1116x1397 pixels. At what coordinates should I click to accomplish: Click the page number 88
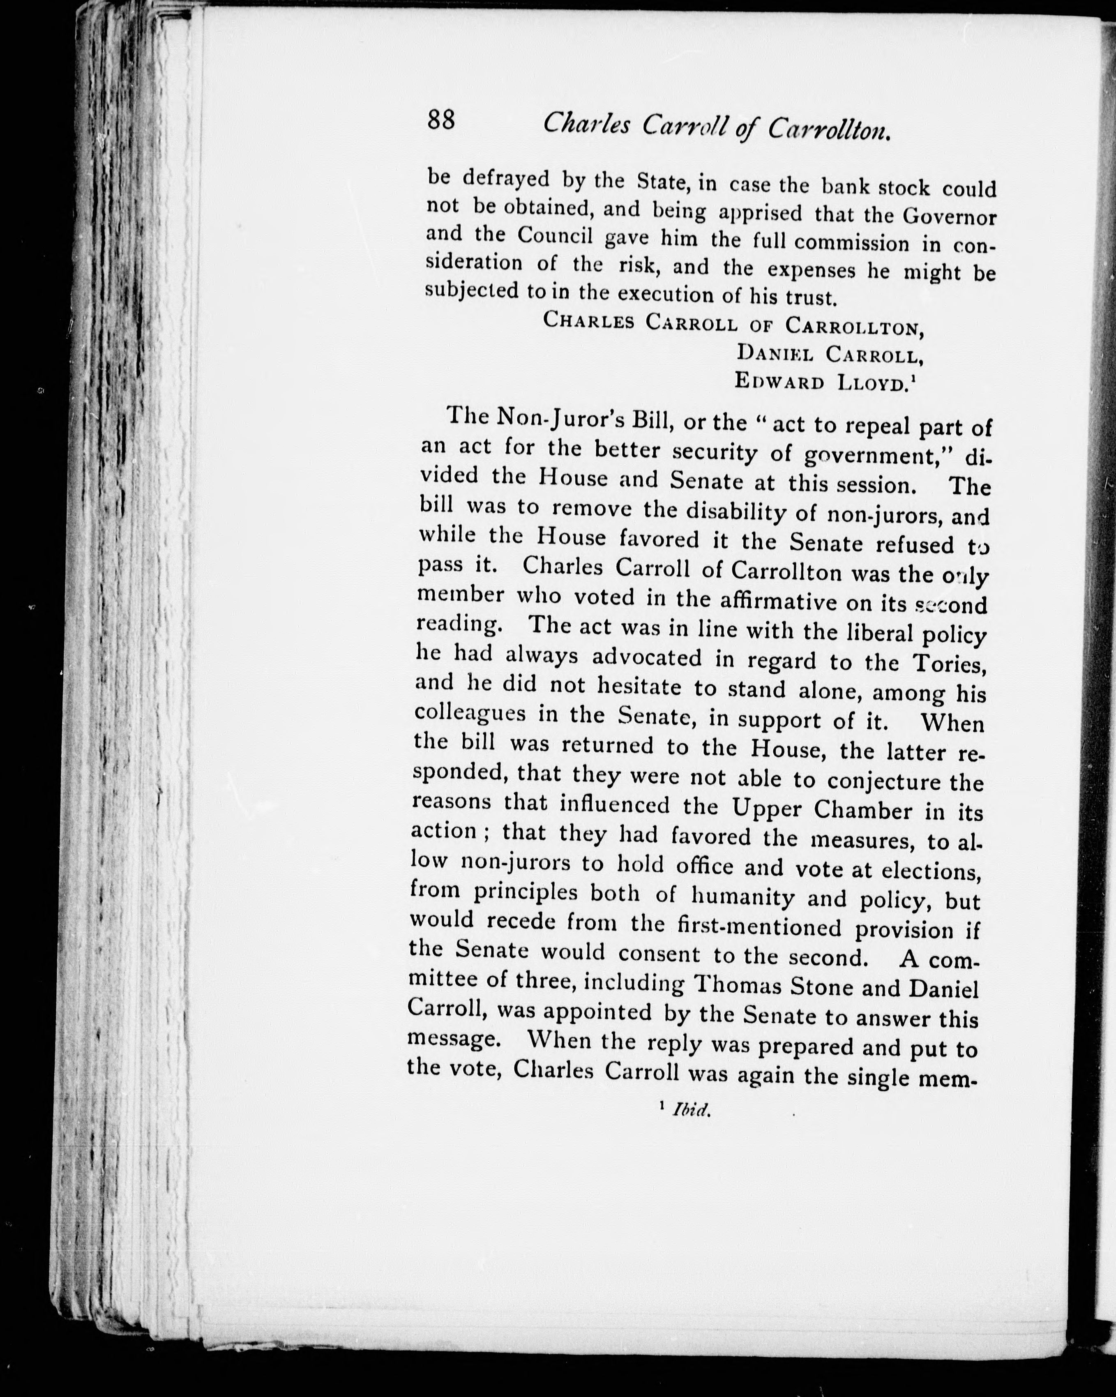click(x=441, y=120)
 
